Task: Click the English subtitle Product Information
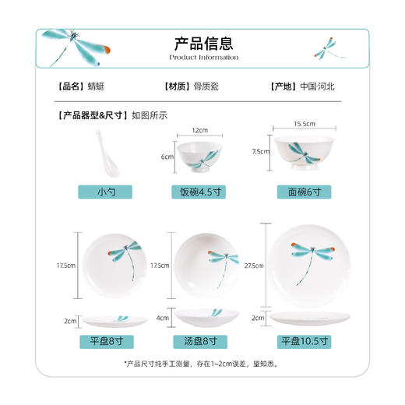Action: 202,57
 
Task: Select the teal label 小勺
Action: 105,192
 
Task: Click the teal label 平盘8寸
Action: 105,340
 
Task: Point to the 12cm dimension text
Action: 202,130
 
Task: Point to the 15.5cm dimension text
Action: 304,124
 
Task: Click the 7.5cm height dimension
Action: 259,152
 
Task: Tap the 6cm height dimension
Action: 167,157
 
